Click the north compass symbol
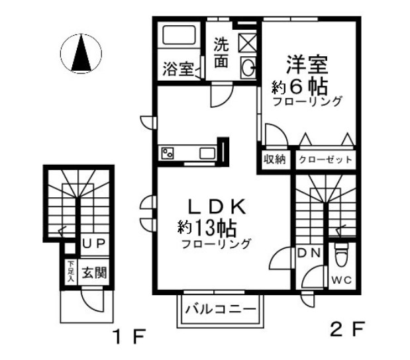point(81,54)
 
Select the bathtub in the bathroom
point(179,36)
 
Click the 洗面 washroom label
point(221,52)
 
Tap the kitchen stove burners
point(167,154)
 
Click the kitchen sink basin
point(207,154)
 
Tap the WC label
point(342,279)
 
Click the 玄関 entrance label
point(93,271)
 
